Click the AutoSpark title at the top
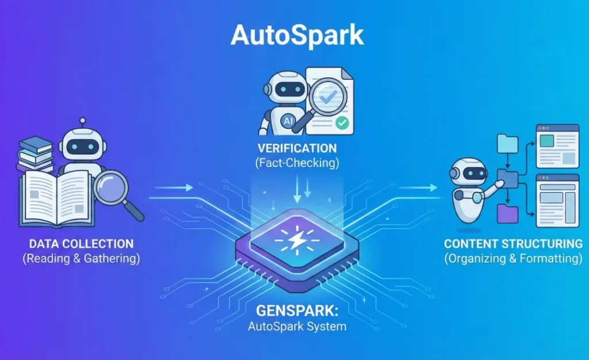[x=297, y=35]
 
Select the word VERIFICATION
[x=297, y=148]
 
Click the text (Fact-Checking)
[x=297, y=163]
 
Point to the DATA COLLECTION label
[x=81, y=244]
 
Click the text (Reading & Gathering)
[x=81, y=258]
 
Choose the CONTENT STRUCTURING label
[x=512, y=244]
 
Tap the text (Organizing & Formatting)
[x=512, y=258]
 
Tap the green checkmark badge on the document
[x=342, y=122]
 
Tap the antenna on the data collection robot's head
[x=83, y=122]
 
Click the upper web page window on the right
[x=557, y=146]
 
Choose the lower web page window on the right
[x=557, y=200]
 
